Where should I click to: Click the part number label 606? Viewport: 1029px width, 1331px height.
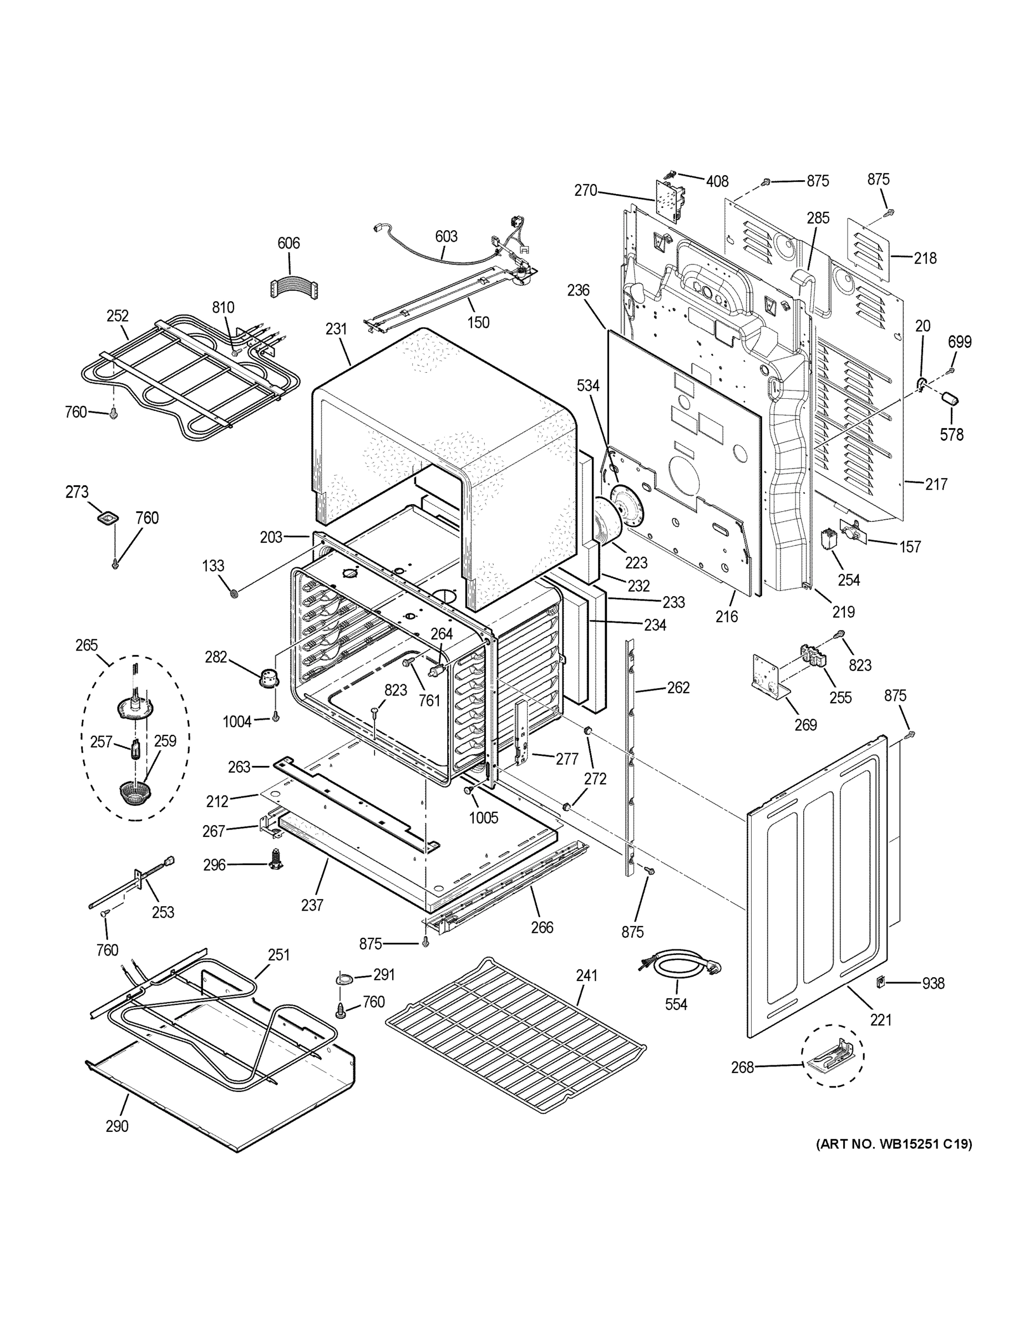click(288, 243)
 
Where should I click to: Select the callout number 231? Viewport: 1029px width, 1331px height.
click(336, 329)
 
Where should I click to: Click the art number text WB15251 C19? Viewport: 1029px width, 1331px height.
click(894, 1144)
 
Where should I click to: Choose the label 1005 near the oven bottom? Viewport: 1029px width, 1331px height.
click(483, 817)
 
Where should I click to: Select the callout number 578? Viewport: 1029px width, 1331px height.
click(951, 435)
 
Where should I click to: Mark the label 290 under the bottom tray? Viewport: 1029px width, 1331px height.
click(116, 1126)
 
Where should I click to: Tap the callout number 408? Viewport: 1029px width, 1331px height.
click(717, 181)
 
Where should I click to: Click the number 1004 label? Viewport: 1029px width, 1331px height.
click(237, 722)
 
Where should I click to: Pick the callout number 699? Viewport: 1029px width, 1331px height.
click(960, 342)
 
